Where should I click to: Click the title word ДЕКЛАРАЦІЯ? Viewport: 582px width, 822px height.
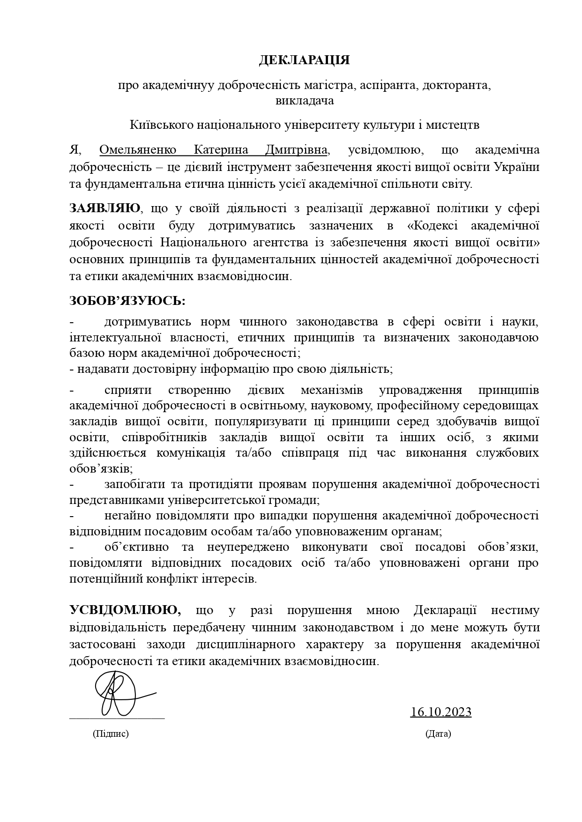point(305,60)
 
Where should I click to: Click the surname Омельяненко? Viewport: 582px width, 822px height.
point(138,150)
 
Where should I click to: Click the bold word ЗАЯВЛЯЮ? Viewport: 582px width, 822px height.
point(104,208)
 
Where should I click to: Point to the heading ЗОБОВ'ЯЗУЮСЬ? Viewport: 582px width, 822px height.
point(127,300)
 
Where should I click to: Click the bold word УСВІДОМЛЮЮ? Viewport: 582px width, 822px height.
point(126,610)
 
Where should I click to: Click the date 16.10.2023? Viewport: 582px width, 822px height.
point(440,712)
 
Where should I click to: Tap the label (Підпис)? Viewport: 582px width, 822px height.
point(111,733)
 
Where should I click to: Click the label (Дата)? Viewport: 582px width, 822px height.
point(438,733)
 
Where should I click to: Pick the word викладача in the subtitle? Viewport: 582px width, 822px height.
point(305,100)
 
